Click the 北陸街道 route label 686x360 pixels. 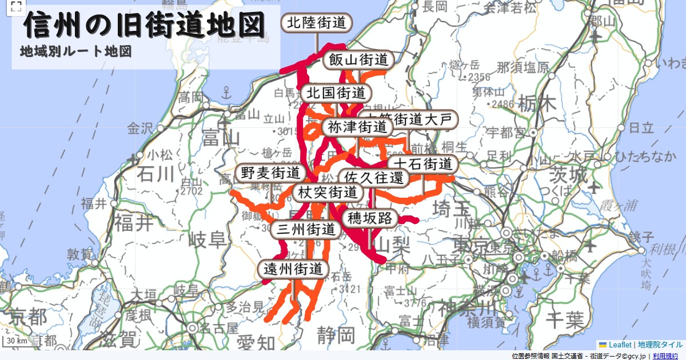click(x=317, y=23)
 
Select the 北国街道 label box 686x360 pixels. click(x=336, y=93)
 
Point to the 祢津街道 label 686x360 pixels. click(x=357, y=127)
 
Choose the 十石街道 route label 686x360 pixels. click(x=423, y=164)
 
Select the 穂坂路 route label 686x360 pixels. click(x=369, y=218)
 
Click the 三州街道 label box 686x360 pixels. click(x=306, y=230)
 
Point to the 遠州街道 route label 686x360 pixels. click(x=294, y=269)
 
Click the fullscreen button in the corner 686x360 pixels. click(x=16, y=7)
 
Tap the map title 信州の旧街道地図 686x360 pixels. click(x=145, y=26)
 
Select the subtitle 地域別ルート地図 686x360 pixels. click(x=76, y=51)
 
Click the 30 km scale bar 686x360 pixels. click(x=17, y=341)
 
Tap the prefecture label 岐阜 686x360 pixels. click(x=208, y=239)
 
